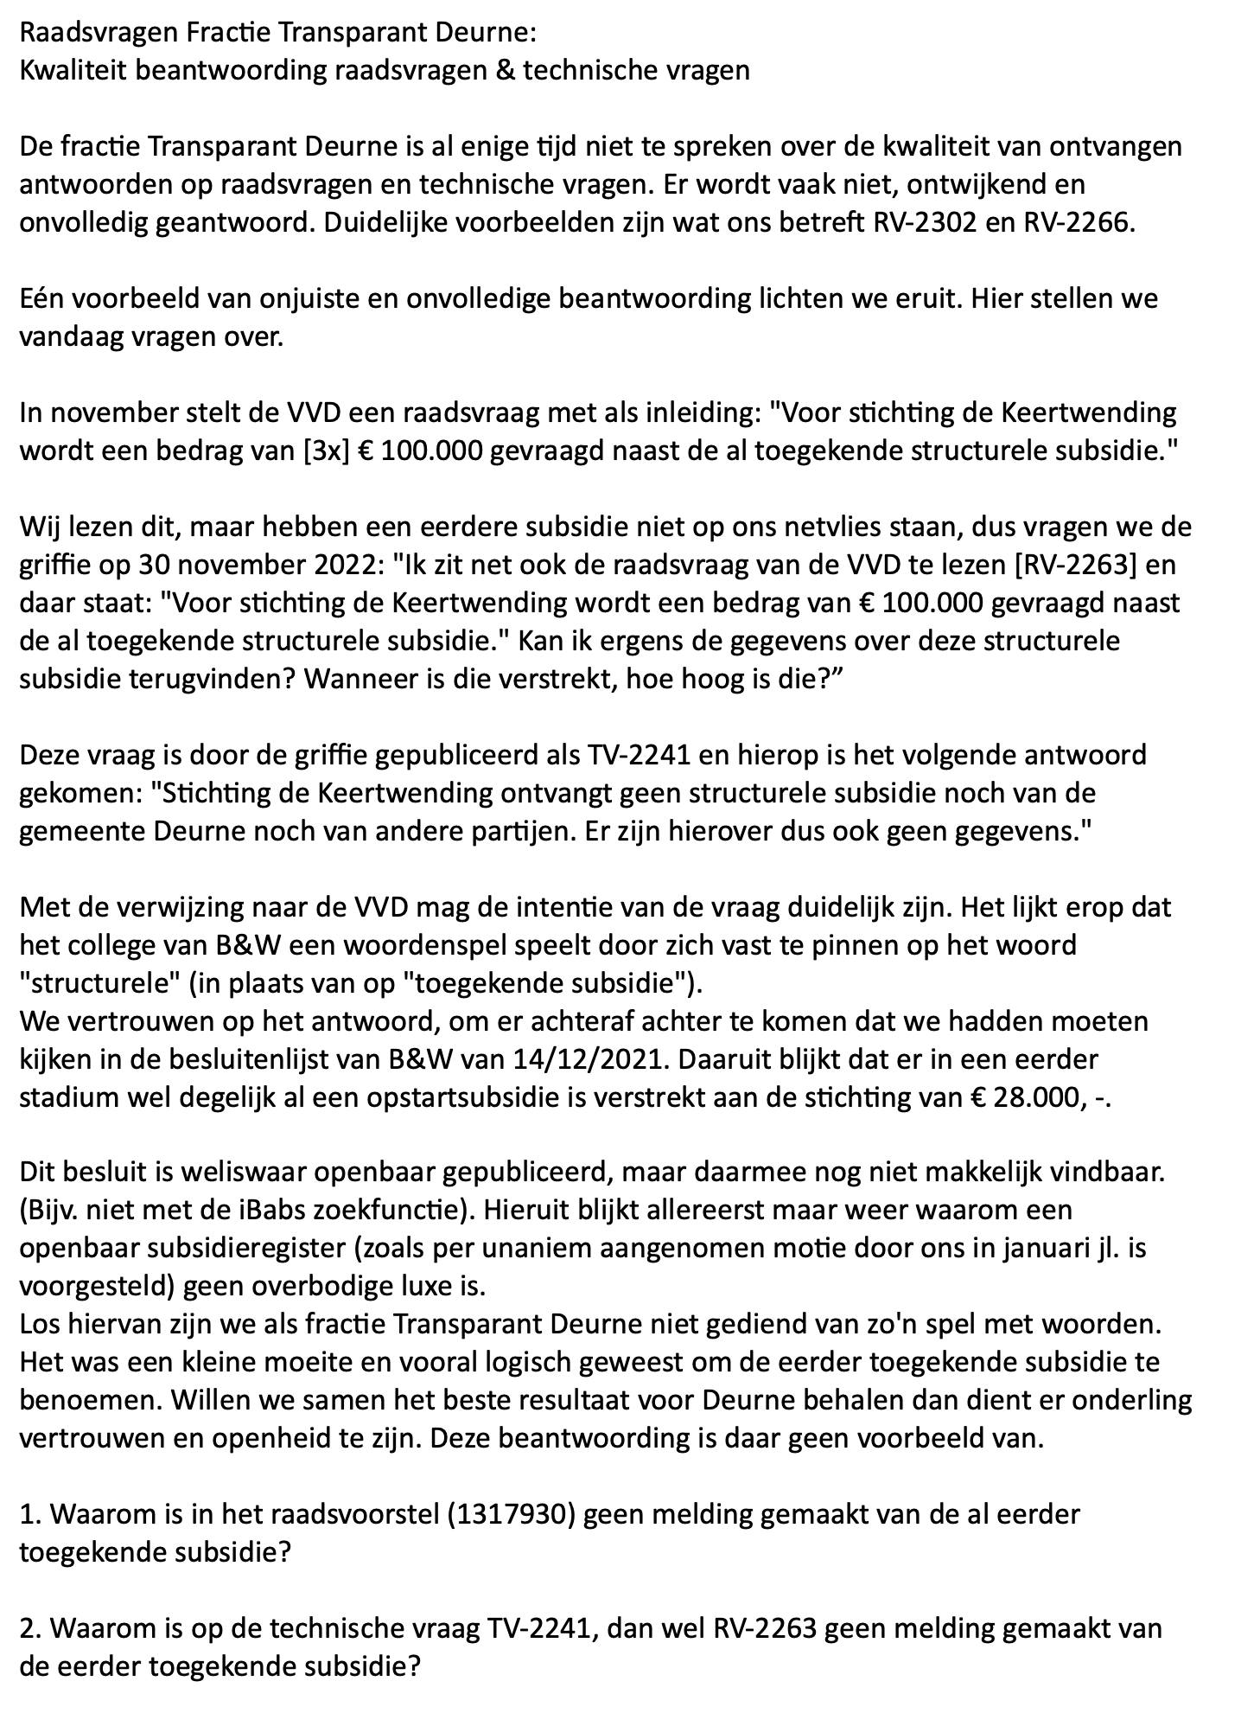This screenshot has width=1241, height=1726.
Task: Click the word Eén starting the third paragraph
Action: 41,298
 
